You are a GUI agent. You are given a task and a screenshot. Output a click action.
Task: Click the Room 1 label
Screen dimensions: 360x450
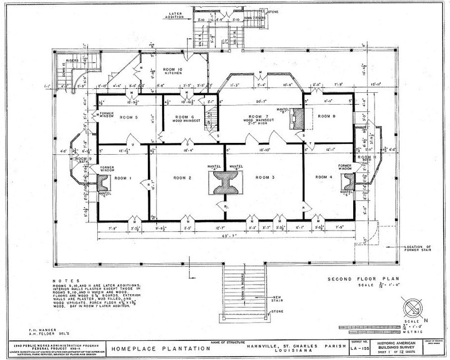(x=122, y=178)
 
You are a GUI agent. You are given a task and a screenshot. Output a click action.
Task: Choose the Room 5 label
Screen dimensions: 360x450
(x=129, y=117)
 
